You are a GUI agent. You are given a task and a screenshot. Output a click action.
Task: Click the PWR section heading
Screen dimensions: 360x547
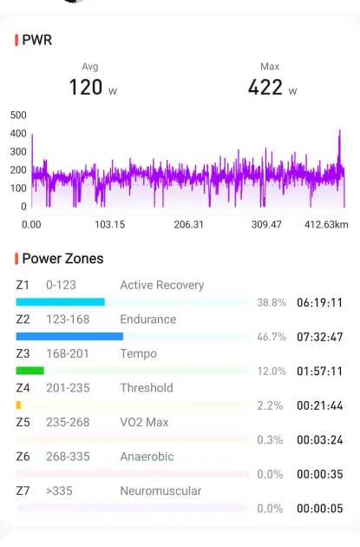(37, 40)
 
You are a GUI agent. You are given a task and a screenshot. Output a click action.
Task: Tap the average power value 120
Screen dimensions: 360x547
(86, 87)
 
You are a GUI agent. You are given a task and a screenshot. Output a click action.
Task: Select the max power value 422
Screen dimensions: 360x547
(265, 87)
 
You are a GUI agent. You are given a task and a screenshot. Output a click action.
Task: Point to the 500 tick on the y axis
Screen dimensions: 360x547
(18, 115)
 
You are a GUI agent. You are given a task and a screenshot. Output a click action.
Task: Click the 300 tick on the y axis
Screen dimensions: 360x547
(18, 152)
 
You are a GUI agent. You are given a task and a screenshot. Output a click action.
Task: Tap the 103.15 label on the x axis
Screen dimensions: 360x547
(110, 224)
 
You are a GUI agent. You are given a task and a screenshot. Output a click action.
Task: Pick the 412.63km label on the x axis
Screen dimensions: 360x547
(326, 224)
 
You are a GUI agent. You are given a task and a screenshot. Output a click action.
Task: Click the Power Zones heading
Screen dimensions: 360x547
(62, 259)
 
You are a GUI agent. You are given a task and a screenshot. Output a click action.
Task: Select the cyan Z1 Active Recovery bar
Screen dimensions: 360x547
(61, 302)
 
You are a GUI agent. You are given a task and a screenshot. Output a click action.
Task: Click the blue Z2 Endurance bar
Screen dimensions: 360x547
(69, 336)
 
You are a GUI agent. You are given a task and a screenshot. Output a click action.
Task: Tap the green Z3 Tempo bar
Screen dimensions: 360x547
(30, 371)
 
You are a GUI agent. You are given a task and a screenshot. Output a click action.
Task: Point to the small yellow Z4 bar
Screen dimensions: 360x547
(18, 405)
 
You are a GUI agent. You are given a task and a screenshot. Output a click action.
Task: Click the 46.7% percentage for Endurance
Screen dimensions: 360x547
(272, 337)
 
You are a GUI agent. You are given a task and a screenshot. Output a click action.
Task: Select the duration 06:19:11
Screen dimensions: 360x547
(319, 302)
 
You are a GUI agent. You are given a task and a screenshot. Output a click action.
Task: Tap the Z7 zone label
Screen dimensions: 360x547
(23, 491)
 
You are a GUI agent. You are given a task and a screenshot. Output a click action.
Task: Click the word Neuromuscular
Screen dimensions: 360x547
(160, 491)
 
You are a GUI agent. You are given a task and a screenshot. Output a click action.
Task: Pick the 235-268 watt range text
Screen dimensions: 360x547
(68, 422)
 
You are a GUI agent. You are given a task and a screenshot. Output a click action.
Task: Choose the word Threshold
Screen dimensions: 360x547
(147, 388)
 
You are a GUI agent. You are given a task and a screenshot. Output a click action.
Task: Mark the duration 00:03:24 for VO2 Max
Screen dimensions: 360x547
(319, 440)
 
